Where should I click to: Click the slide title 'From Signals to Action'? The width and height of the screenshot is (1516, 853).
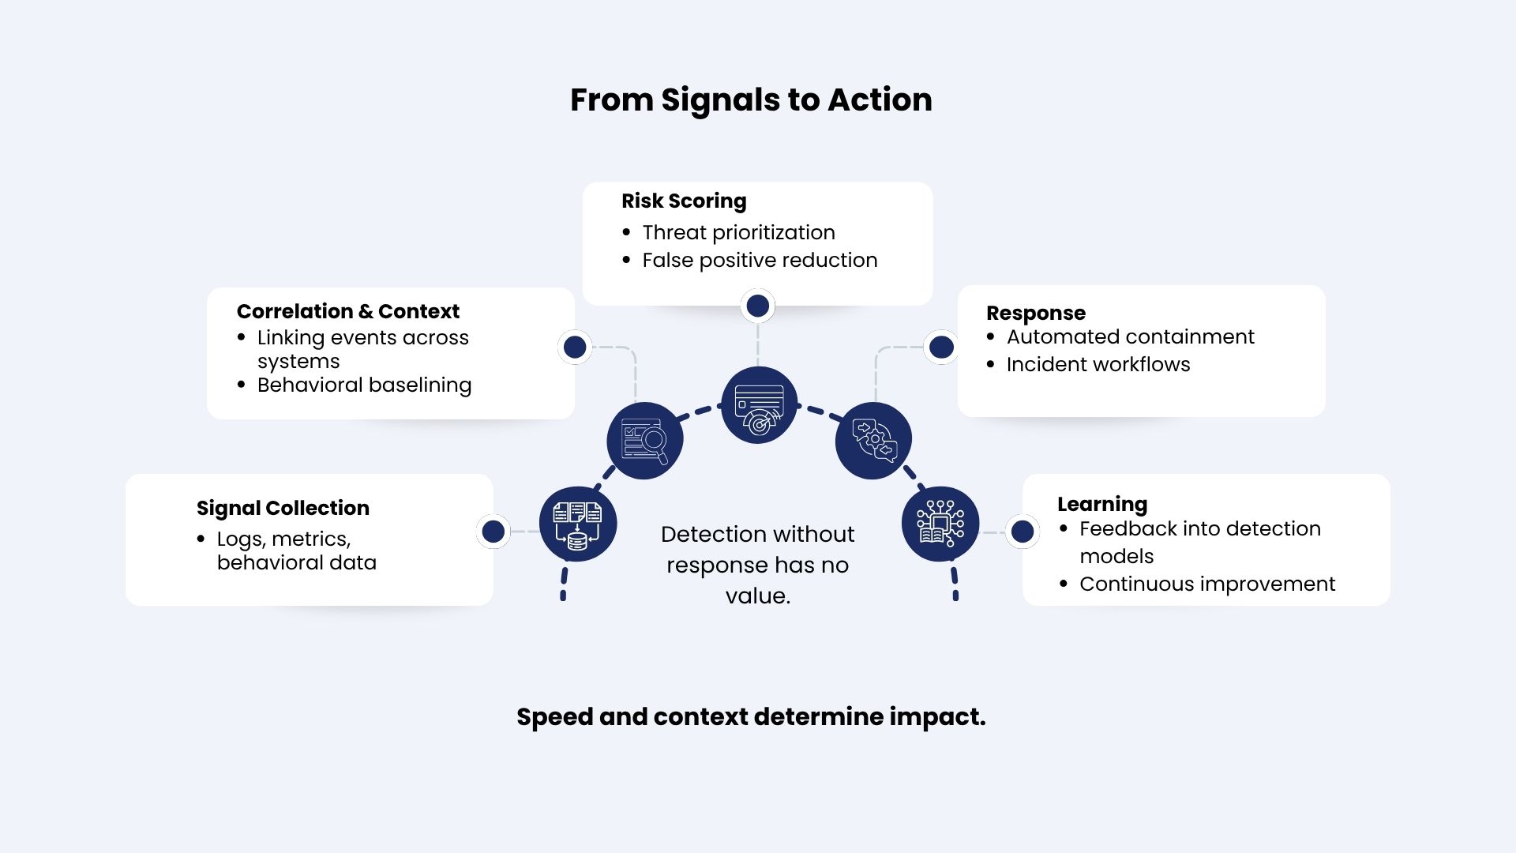[751, 100]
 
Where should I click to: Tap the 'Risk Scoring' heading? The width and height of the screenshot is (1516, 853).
[684, 201]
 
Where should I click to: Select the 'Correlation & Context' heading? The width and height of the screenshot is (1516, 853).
[347, 311]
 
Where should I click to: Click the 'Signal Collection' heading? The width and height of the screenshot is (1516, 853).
[283, 508]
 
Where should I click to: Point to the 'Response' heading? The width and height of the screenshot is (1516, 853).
[1036, 314]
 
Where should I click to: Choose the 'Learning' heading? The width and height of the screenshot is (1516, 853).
[1102, 505]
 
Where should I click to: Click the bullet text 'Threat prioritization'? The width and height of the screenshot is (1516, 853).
[738, 232]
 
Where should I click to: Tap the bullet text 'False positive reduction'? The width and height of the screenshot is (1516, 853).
[760, 260]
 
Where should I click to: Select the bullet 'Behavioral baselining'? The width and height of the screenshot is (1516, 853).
[364, 385]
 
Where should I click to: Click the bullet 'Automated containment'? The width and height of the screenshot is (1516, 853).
[1130, 336]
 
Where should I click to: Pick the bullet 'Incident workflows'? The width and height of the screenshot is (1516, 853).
[1098, 364]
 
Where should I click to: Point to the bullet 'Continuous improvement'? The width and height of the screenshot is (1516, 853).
[1207, 584]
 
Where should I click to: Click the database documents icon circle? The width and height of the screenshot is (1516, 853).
[578, 524]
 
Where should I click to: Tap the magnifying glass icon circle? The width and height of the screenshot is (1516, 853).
[645, 441]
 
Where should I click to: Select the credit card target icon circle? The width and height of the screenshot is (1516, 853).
[759, 405]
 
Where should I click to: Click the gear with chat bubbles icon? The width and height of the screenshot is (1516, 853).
[873, 441]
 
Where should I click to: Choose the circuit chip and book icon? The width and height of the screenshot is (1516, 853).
[940, 524]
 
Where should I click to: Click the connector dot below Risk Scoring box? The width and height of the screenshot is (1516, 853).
[758, 306]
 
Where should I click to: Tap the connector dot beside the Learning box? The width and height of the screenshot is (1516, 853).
[1023, 532]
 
